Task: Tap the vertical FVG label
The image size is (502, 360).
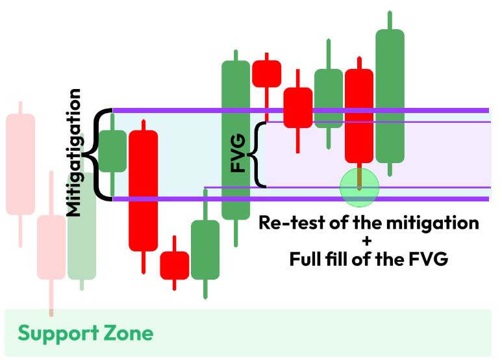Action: point(240,154)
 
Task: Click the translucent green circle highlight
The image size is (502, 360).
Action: point(359,186)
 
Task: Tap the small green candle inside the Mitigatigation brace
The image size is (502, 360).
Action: point(112,151)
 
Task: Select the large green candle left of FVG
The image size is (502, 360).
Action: point(236,140)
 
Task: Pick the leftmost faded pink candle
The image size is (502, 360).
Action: point(20,164)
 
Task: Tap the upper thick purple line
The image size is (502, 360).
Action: point(299,110)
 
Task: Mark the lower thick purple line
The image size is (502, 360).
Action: point(299,198)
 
